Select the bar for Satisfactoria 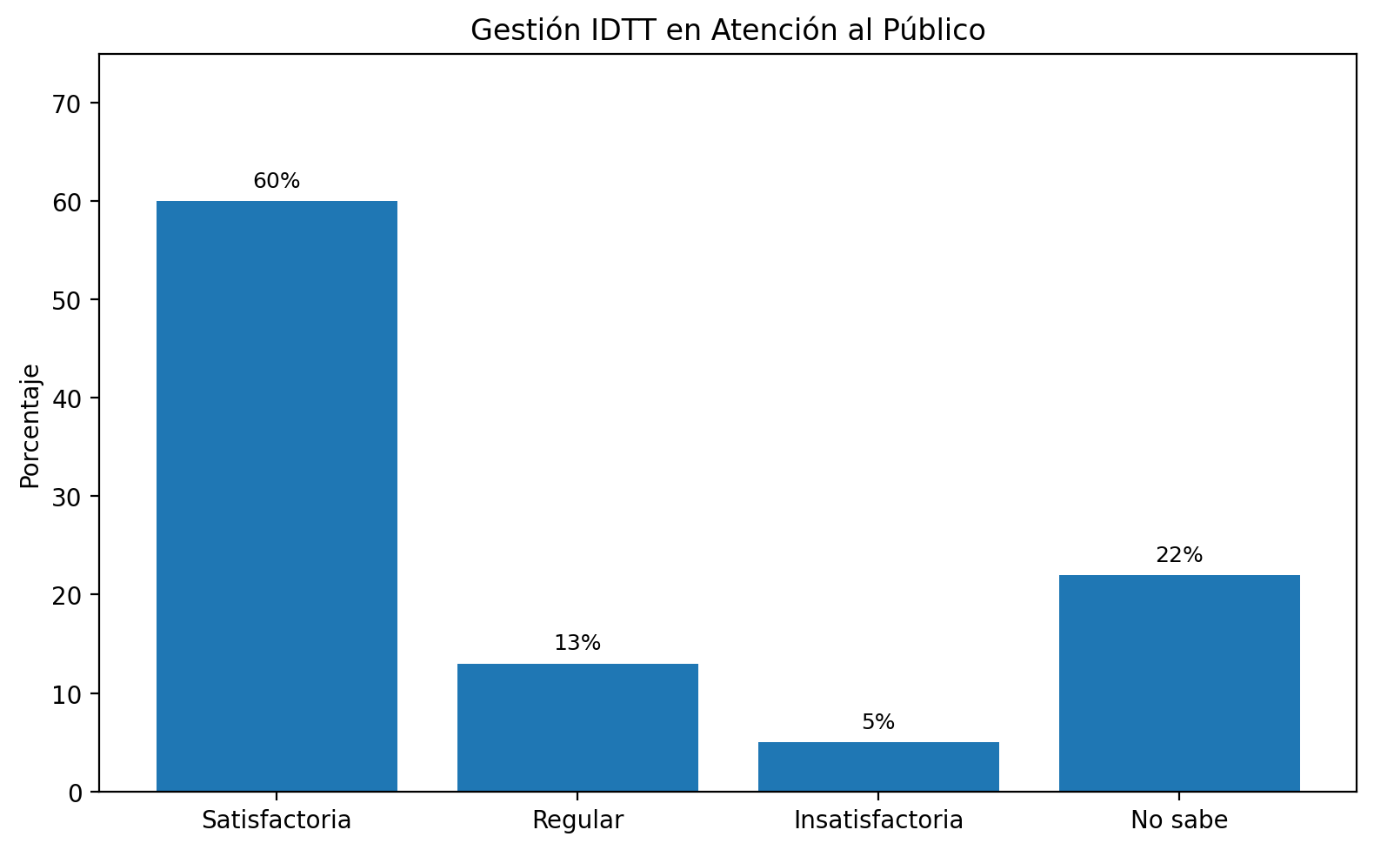[x=277, y=496]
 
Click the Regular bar [x=577, y=727]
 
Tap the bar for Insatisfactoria [x=878, y=766]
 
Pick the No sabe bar [x=1179, y=683]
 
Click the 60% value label [x=277, y=181]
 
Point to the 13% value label [x=577, y=643]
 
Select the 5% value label [x=878, y=722]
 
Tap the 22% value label [x=1179, y=555]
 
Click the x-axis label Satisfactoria [x=277, y=820]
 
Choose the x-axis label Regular [x=577, y=820]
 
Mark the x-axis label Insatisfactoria [x=878, y=820]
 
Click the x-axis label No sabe [x=1179, y=820]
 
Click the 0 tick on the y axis [x=75, y=792]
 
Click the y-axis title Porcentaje [x=30, y=425]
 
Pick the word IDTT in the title [x=631, y=30]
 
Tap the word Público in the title [x=934, y=30]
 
